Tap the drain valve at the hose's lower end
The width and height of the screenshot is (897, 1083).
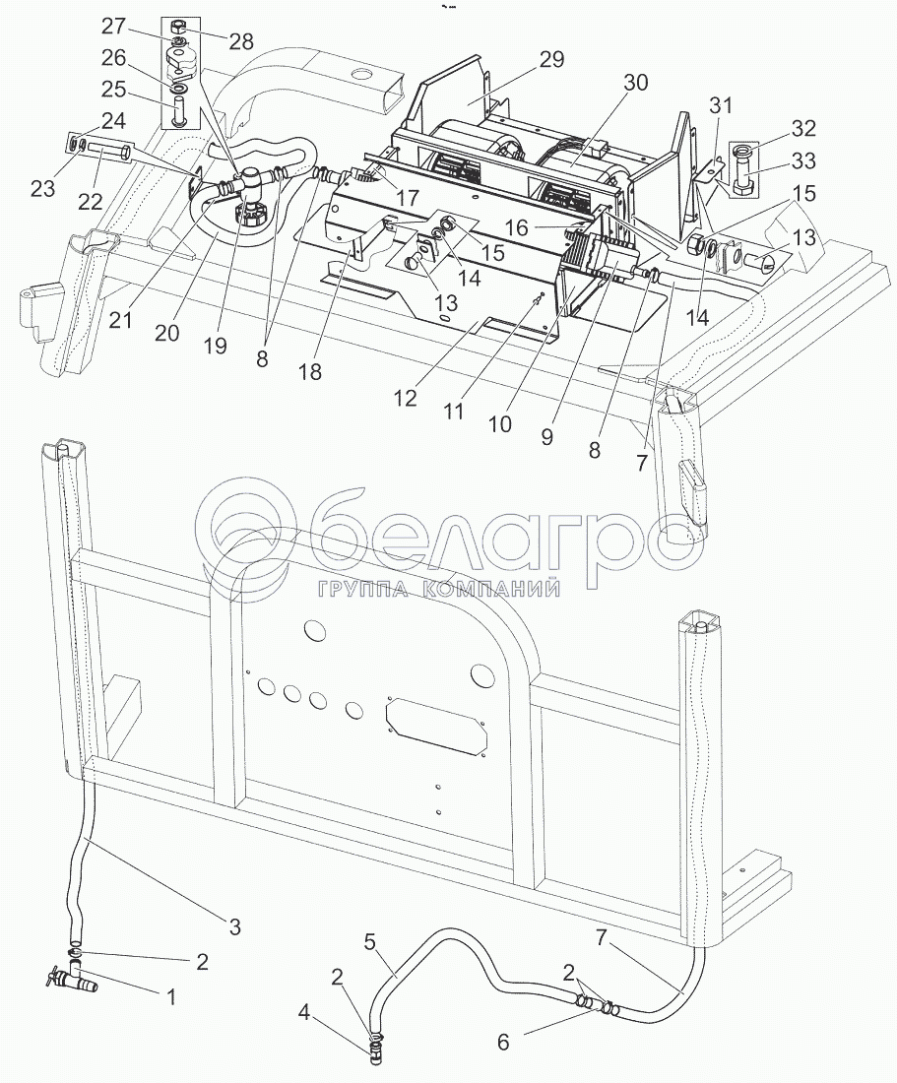[64, 979]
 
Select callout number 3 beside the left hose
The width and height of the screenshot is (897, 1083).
[234, 925]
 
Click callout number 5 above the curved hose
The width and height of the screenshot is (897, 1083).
[369, 942]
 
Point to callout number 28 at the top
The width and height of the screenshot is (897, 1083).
[240, 41]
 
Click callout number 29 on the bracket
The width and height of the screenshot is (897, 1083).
[551, 61]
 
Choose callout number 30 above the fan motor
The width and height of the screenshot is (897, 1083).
[635, 83]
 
